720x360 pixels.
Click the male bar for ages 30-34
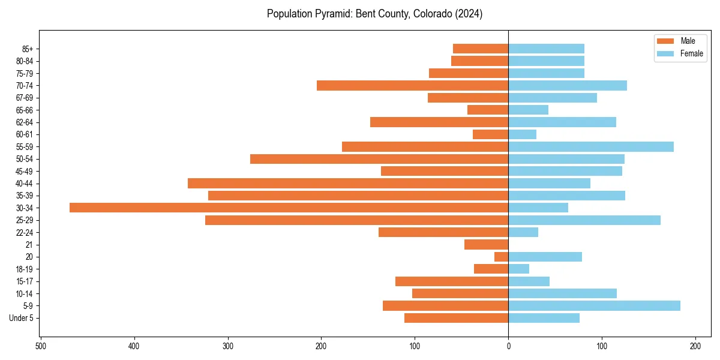coord(289,208)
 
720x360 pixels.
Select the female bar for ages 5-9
coord(594,305)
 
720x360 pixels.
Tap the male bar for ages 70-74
coord(412,85)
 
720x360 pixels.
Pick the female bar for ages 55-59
coord(591,146)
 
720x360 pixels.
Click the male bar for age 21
coord(486,244)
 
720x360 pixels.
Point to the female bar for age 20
coord(545,257)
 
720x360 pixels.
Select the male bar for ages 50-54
coord(379,159)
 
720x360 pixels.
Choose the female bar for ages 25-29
coord(584,220)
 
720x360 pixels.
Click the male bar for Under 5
coord(456,318)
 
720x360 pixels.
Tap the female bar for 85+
coord(546,49)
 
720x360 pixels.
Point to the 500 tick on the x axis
coord(41,346)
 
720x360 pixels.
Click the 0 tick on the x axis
coord(508,346)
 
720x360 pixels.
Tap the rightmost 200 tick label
coord(695,346)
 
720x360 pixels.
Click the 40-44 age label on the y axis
coord(25,184)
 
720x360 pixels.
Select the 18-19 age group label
coord(25,269)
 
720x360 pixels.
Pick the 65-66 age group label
coord(25,110)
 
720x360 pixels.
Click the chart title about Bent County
coord(374,14)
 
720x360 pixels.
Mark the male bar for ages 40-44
coord(348,183)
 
